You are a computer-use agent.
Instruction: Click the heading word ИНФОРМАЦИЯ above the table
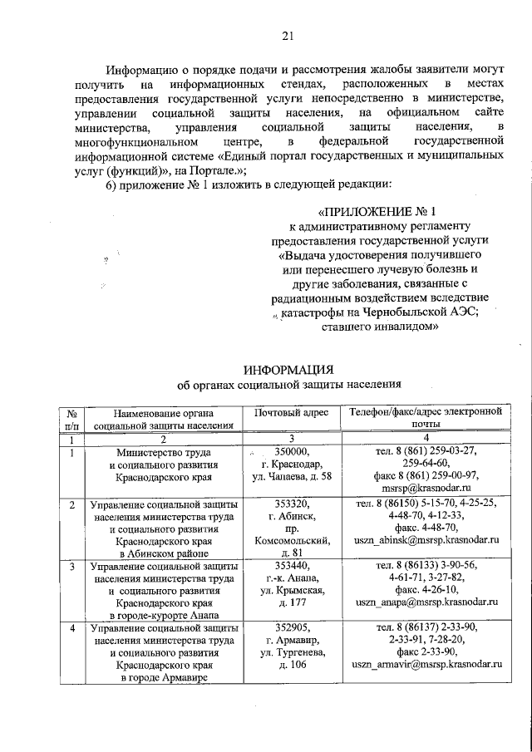click(x=288, y=369)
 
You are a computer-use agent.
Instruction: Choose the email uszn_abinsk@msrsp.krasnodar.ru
click(x=426, y=540)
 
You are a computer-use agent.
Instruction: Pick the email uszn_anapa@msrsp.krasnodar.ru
click(x=426, y=602)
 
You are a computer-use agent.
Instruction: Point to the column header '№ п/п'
click(x=72, y=418)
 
